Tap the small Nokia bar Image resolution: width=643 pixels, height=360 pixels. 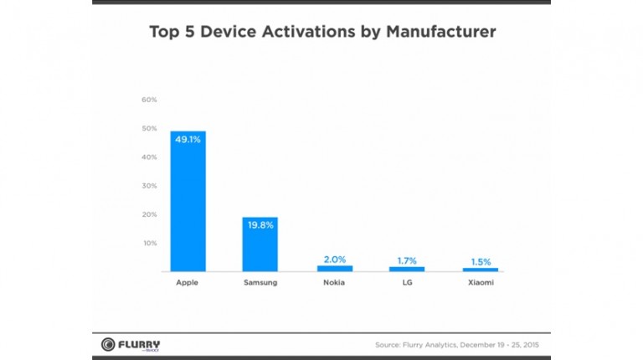pyautogui.click(x=334, y=269)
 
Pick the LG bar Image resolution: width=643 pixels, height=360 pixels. pyautogui.click(x=407, y=269)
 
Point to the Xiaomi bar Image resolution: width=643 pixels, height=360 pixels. pyautogui.click(x=481, y=270)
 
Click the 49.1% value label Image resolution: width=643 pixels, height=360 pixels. pyautogui.click(x=188, y=140)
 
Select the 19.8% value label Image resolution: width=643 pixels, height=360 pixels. pyautogui.click(x=260, y=225)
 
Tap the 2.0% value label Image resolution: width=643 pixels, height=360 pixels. pyautogui.click(x=334, y=259)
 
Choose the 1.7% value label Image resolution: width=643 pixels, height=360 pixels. pyautogui.click(x=407, y=260)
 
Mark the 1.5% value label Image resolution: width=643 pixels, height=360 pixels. pyautogui.click(x=481, y=260)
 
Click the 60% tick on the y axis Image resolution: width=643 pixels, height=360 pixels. pyautogui.click(x=150, y=100)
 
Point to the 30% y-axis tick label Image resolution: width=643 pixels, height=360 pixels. pyautogui.click(x=150, y=186)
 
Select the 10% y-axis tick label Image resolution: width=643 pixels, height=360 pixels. pyautogui.click(x=150, y=243)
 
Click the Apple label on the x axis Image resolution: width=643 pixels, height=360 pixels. pyautogui.click(x=188, y=283)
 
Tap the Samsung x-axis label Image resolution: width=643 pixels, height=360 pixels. pyautogui.click(x=260, y=283)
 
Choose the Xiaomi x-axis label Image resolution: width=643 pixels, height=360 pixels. pyautogui.click(x=481, y=283)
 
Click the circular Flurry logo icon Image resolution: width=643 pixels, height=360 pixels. pyautogui.click(x=108, y=344)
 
